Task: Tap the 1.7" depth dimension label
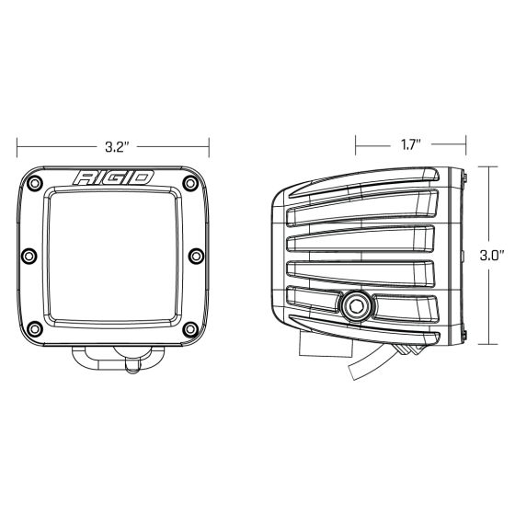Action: click(410, 144)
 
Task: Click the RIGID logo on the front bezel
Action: click(113, 178)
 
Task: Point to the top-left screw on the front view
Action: click(34, 184)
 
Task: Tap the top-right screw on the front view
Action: click(192, 184)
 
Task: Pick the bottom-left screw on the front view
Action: click(34, 326)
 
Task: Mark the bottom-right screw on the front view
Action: click(192, 326)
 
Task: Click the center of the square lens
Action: click(113, 255)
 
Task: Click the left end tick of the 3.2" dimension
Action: click(17, 144)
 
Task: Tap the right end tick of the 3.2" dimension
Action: click(210, 144)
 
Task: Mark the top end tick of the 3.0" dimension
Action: click(490, 168)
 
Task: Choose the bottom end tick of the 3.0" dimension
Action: click(490, 344)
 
